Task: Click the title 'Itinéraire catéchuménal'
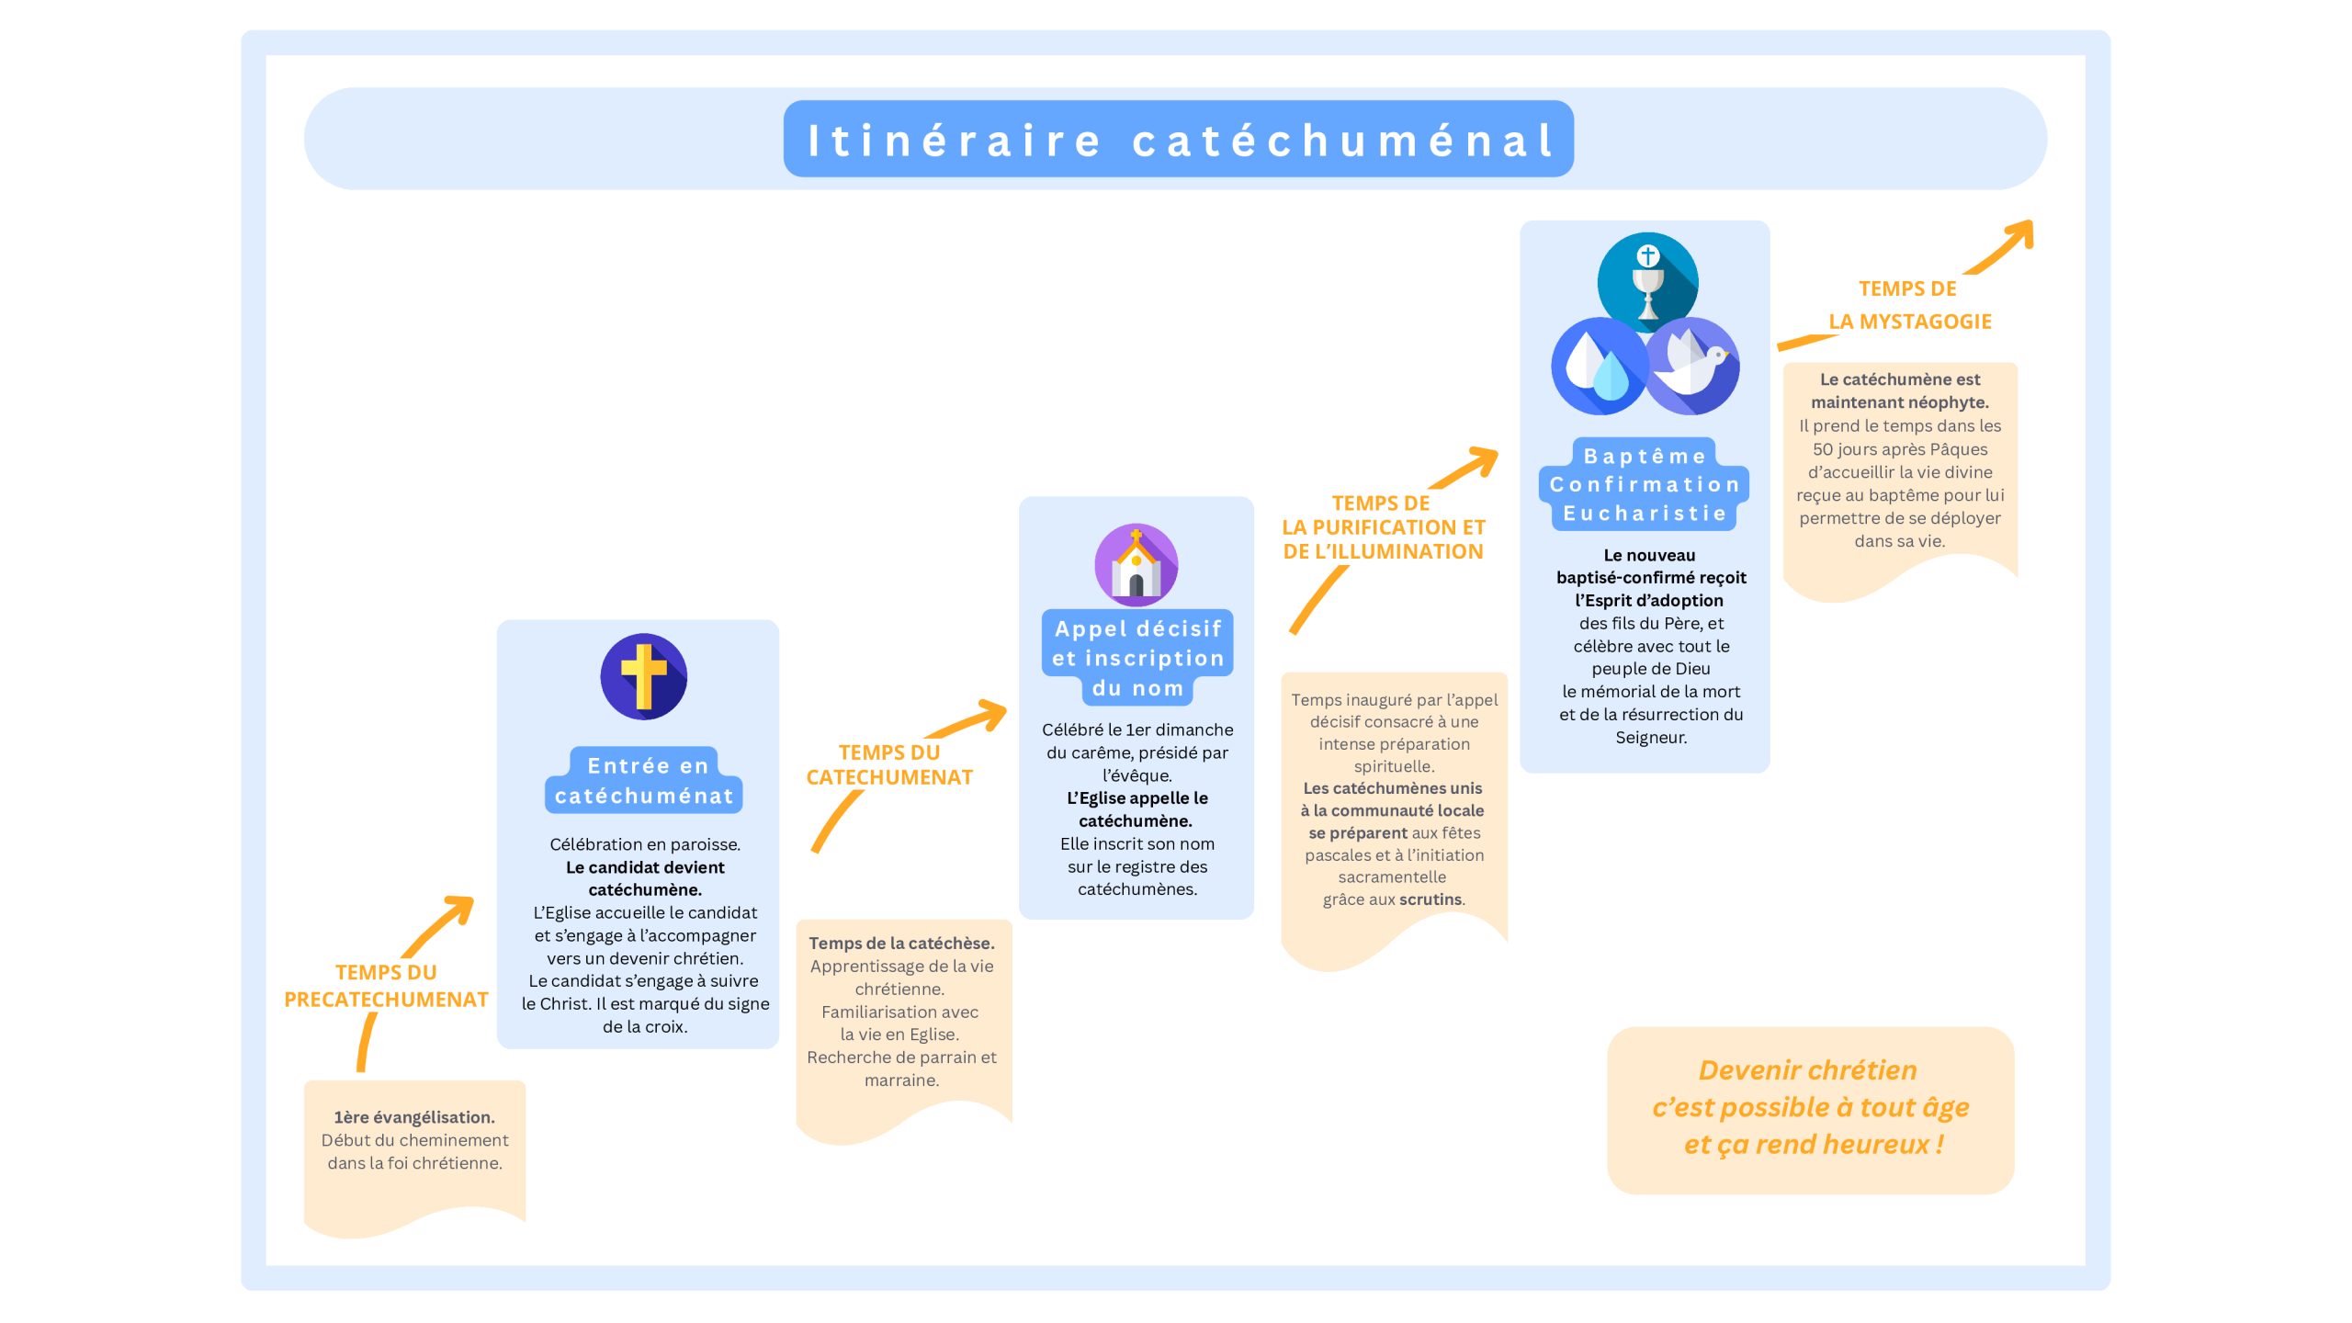tap(1178, 140)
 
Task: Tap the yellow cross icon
tap(643, 676)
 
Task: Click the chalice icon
tap(1647, 282)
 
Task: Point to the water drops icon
tap(1598, 367)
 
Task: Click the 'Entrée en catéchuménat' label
tap(644, 781)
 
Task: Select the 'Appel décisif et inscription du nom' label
tap(1137, 658)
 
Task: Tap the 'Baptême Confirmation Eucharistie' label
tap(1645, 484)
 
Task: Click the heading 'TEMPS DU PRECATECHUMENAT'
tap(386, 986)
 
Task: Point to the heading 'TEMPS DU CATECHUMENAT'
tap(889, 764)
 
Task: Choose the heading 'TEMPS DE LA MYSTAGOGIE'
tap(1909, 305)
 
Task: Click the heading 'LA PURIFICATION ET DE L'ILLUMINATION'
tap(1383, 539)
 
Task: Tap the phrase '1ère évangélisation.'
tap(414, 1117)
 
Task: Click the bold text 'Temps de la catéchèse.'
tap(901, 944)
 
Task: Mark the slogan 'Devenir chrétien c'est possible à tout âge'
tap(1810, 1090)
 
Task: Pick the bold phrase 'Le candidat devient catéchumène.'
tap(645, 878)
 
